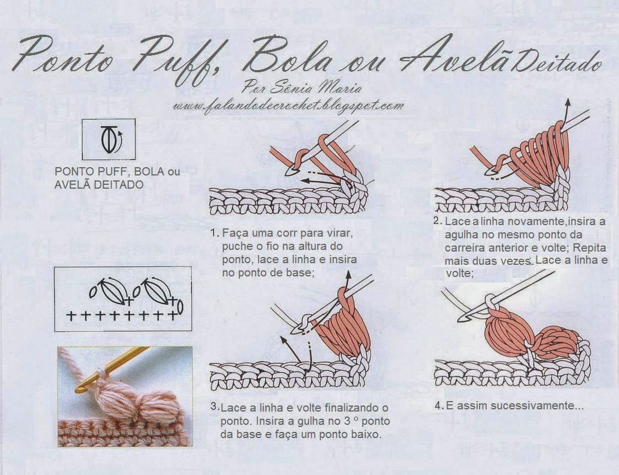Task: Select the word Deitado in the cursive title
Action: coord(553,63)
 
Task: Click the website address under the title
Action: coord(289,106)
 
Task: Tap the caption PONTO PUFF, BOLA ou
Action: coord(117,172)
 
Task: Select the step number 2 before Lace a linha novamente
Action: coord(437,221)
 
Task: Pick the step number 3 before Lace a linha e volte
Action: coord(213,407)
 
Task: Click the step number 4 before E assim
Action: coord(438,405)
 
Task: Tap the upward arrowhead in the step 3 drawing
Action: coord(348,275)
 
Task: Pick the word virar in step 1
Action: coord(340,233)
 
